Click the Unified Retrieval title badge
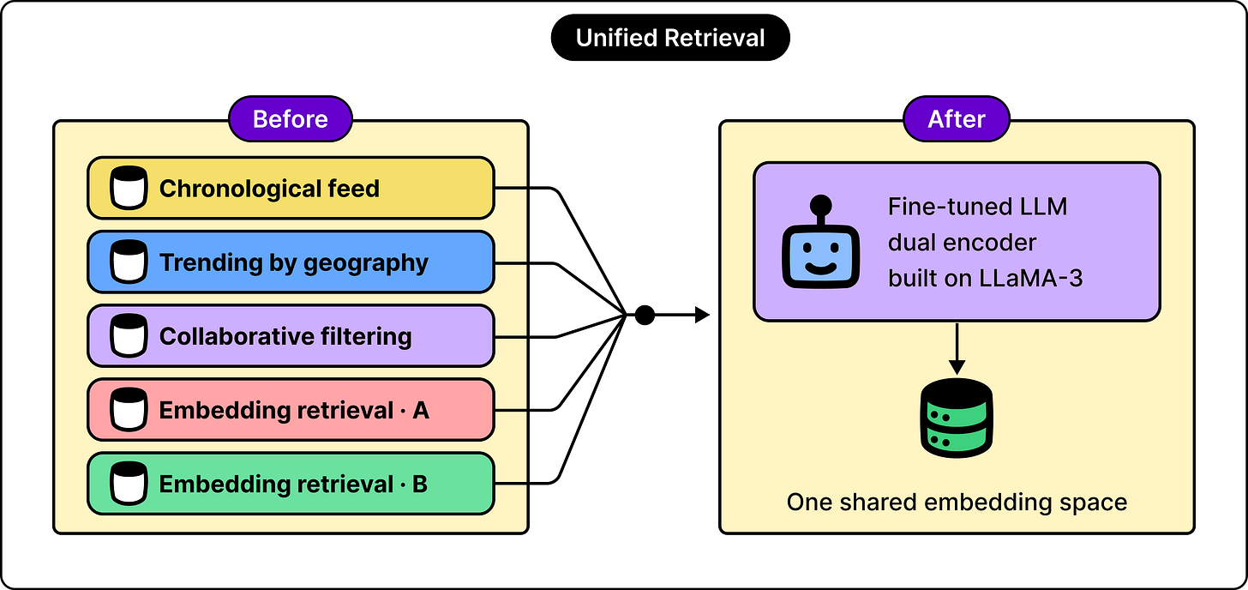click(670, 38)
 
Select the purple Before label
click(291, 119)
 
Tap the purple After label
click(956, 119)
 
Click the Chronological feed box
click(291, 188)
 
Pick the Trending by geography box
click(291, 262)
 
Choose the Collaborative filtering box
click(291, 335)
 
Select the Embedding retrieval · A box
click(291, 410)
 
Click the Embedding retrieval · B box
click(291, 484)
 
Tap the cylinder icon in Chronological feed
click(129, 188)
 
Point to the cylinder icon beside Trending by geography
click(129, 262)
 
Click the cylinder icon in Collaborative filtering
click(129, 335)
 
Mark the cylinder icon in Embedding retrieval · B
click(129, 484)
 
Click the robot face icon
click(820, 242)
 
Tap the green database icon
click(956, 418)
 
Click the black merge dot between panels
click(645, 315)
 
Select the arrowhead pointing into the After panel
click(702, 315)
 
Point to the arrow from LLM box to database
click(957, 349)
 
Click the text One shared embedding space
click(957, 503)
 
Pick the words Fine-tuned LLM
click(978, 207)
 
